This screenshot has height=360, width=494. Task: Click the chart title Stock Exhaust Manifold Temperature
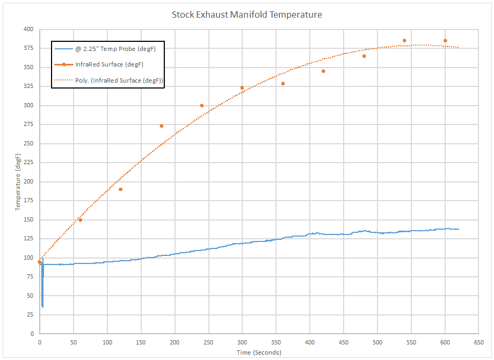click(246, 14)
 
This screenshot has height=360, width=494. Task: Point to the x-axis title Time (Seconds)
click(259, 352)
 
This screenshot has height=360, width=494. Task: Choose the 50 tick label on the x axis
click(73, 342)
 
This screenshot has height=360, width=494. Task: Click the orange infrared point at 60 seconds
click(80, 220)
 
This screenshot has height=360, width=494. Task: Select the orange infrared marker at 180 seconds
click(161, 126)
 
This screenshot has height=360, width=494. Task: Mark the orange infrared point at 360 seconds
click(283, 84)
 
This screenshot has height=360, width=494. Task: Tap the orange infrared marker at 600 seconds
click(445, 41)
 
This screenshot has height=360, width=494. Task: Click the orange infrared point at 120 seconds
click(120, 189)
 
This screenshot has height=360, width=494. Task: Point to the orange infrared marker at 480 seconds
click(364, 56)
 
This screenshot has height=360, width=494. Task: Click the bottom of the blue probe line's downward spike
click(42, 306)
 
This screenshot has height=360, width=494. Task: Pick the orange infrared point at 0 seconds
click(39, 262)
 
